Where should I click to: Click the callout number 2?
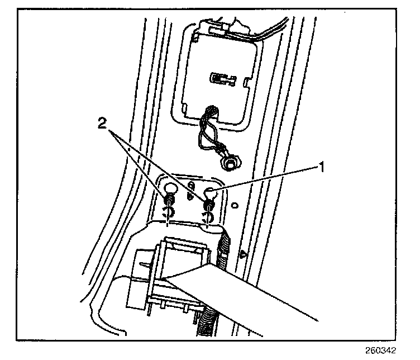(101, 124)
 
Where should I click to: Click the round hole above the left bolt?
(170, 187)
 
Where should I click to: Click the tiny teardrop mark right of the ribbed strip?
(241, 254)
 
